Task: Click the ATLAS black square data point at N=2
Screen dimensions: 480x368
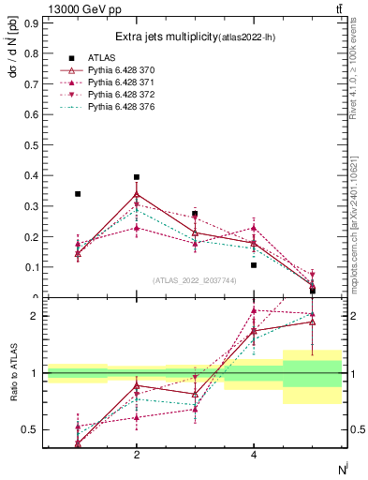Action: (137, 177)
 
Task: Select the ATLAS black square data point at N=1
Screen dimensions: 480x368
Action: (78, 194)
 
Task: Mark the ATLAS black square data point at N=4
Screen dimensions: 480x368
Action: (254, 265)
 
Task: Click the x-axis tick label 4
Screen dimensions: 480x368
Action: (254, 455)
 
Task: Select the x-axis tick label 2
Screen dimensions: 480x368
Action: (137, 455)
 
